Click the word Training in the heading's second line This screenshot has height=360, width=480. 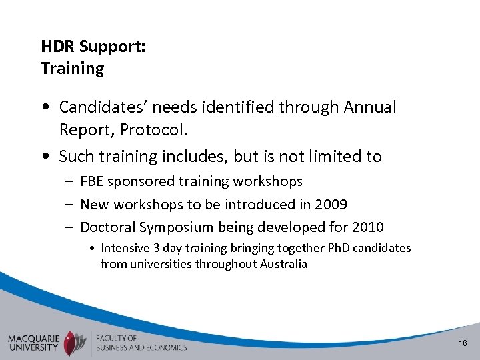pos(72,69)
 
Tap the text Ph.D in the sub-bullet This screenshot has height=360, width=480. pos(338,248)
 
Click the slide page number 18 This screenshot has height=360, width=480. pos(463,342)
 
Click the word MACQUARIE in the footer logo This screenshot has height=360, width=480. pos(34,337)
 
